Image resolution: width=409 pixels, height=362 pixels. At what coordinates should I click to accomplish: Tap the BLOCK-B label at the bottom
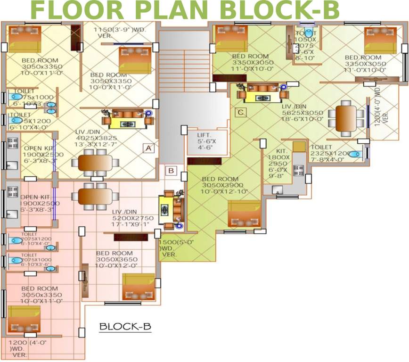125,326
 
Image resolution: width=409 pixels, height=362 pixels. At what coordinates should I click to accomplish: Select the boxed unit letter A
148,148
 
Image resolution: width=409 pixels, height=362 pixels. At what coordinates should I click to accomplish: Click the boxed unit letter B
172,170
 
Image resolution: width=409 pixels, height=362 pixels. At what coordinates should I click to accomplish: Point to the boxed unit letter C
241,112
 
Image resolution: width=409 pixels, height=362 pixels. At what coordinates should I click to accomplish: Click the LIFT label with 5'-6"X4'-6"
205,141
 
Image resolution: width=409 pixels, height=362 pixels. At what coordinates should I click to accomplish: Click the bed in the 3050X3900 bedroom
244,214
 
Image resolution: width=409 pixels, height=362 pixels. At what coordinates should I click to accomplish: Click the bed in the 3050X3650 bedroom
138,286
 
